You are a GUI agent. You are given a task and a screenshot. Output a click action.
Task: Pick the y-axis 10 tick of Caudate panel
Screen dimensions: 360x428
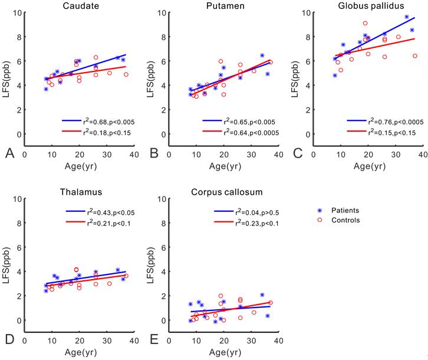pyautogui.click(x=18, y=12)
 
